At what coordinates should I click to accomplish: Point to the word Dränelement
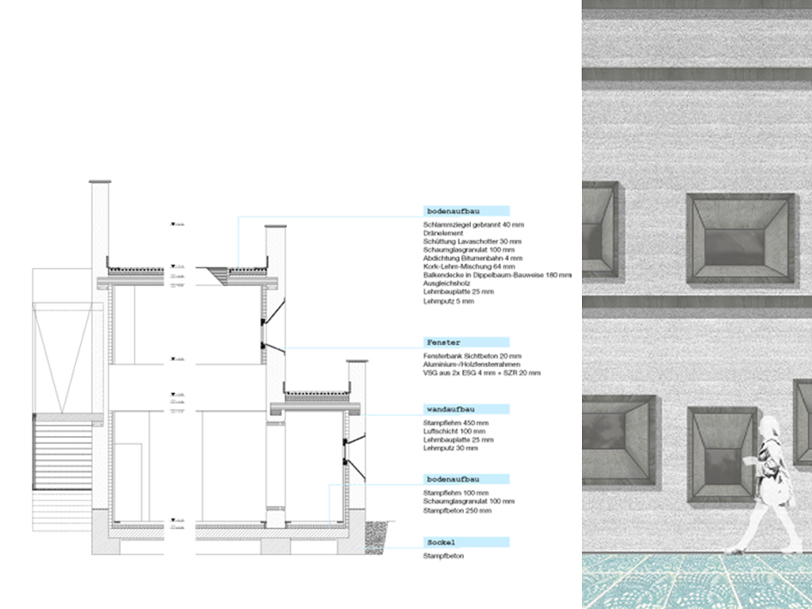[x=443, y=234]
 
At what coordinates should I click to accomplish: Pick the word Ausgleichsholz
[x=446, y=284]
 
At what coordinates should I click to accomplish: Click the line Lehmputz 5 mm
[x=450, y=301]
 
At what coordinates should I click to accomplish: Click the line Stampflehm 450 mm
[x=453, y=423]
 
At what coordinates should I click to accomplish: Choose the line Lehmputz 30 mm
[x=451, y=448]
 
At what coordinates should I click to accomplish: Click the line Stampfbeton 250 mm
[x=458, y=511]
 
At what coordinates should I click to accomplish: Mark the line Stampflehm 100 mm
[x=453, y=493]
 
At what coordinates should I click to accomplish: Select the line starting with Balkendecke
[x=497, y=275]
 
